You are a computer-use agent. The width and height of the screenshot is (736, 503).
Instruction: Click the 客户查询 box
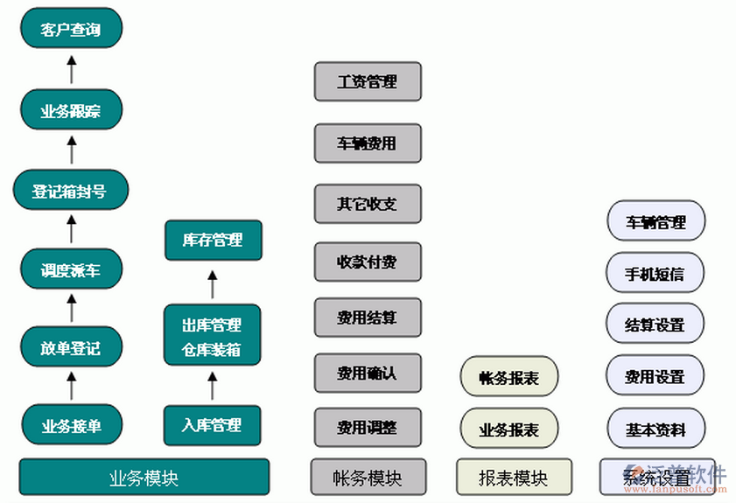71,30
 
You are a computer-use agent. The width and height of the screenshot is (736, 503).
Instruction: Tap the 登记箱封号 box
71,190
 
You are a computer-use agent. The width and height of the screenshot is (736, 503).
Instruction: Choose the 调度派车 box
71,269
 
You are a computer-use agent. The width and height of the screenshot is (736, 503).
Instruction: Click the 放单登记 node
71,347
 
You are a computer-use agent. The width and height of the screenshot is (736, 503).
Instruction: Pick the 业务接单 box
71,425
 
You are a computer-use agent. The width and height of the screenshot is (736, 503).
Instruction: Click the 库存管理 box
213,240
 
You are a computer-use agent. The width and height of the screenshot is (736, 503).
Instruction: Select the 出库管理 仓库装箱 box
213,337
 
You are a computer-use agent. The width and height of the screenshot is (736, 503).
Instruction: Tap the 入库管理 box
213,425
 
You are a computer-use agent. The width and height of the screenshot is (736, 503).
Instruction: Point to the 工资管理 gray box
368,81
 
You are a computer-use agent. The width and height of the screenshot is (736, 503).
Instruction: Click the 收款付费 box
368,261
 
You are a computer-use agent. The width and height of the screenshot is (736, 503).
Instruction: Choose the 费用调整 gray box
368,427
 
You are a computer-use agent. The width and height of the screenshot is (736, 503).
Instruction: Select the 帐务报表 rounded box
508,377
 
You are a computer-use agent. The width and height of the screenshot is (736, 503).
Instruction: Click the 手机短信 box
655,273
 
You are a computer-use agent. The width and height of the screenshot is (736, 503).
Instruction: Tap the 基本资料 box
655,429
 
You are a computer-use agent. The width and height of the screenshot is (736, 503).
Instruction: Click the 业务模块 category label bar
144,477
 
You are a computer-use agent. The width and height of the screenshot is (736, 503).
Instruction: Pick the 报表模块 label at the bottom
513,477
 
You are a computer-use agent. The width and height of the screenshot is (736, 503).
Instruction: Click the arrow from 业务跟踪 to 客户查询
72,69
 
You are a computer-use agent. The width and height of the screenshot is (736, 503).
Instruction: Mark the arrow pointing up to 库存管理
212,282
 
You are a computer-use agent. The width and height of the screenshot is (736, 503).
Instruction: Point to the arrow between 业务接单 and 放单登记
72,386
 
